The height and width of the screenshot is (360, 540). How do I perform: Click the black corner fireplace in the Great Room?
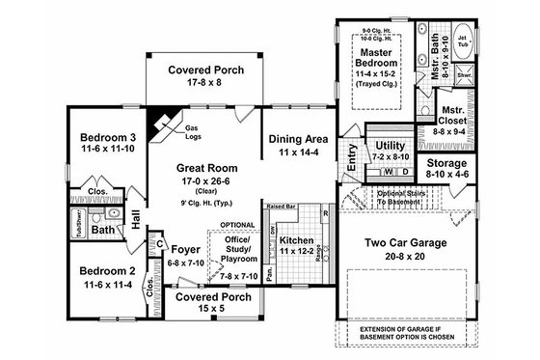click(154, 122)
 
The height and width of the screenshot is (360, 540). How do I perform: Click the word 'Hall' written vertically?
click(136, 220)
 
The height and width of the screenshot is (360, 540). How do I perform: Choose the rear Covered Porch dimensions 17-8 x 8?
click(206, 84)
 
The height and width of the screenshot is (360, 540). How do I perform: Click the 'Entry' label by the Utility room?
click(353, 156)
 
